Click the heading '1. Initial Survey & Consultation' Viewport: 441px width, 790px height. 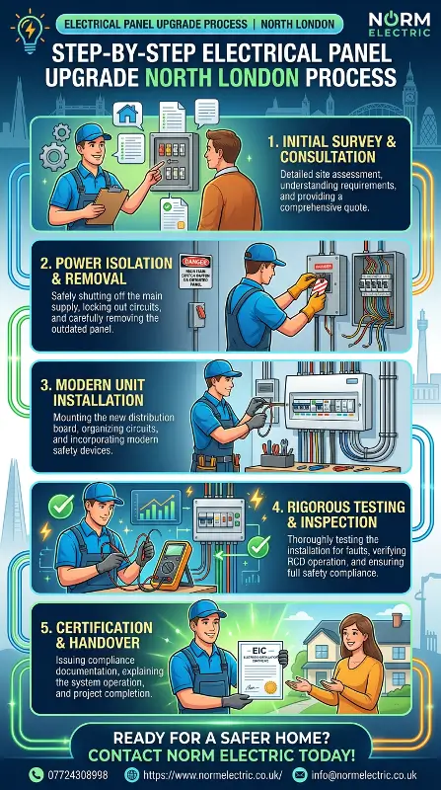click(x=331, y=149)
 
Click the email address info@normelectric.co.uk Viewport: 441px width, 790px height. click(x=368, y=775)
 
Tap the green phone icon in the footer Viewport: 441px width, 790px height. click(x=37, y=775)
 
